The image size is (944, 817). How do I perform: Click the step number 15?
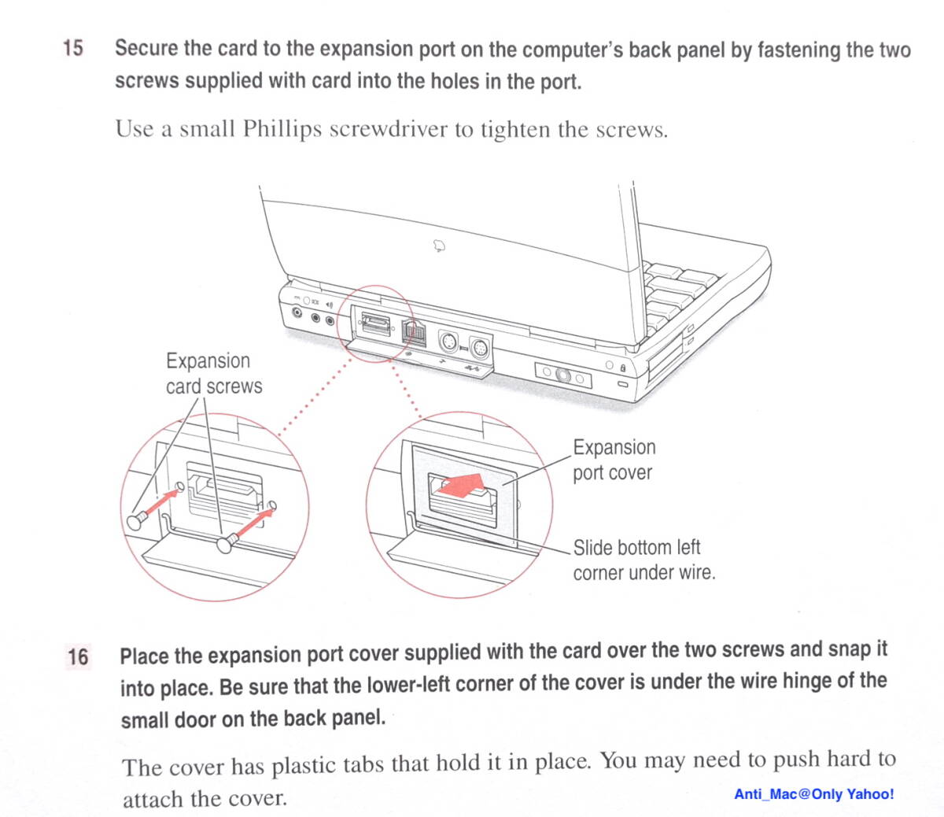click(x=72, y=48)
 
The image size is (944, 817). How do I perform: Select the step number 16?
click(x=78, y=656)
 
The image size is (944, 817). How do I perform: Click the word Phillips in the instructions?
click(x=282, y=129)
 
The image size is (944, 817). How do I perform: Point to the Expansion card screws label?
click(x=212, y=373)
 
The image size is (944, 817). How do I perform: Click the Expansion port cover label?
click(x=614, y=460)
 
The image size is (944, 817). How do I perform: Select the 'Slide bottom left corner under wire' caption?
click(x=643, y=560)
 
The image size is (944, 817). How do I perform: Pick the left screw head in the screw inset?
click(x=135, y=520)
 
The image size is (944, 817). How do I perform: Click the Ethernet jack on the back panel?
click(x=413, y=332)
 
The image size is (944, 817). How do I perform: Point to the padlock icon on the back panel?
click(x=622, y=368)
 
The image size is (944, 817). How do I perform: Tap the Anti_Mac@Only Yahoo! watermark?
click(x=813, y=794)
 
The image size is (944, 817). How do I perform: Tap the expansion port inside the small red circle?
click(x=374, y=323)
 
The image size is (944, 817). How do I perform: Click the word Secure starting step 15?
click(x=146, y=48)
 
